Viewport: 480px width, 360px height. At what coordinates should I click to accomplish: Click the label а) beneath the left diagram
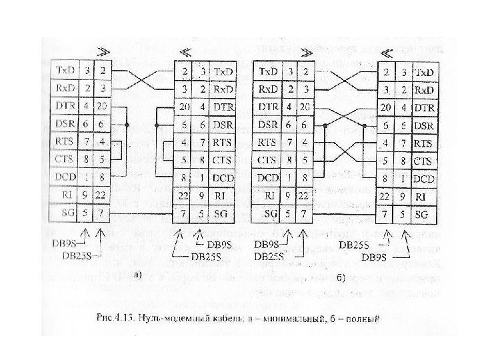pos(137,273)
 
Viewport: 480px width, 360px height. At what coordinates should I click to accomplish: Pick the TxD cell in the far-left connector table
pos(65,69)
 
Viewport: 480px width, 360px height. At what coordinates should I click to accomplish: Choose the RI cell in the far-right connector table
pos(422,197)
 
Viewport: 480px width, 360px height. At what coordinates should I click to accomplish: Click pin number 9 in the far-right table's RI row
pos(403,197)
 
